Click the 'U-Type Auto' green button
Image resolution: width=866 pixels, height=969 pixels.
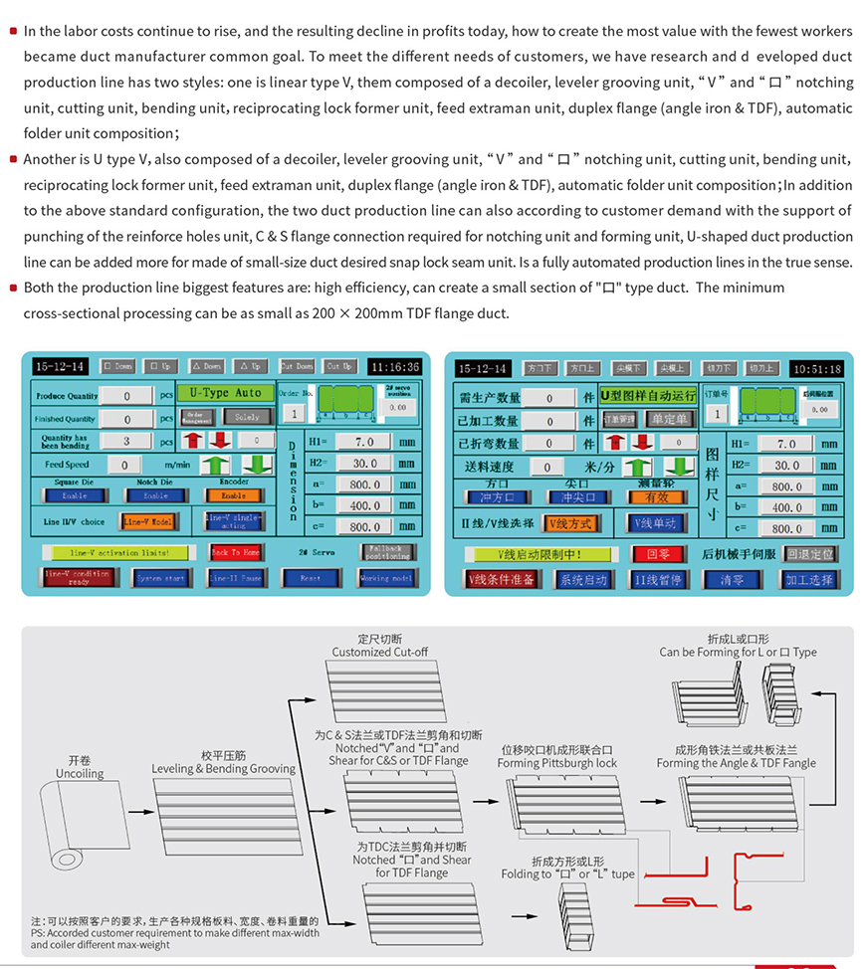225,393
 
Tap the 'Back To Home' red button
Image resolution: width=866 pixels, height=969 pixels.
236,552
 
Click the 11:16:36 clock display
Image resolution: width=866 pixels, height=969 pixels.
395,366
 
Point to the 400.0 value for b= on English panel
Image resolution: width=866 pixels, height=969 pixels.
363,505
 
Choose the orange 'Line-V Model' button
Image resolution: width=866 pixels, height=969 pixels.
148,520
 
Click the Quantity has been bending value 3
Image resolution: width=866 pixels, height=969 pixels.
126,442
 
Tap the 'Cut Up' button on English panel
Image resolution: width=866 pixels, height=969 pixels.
340,366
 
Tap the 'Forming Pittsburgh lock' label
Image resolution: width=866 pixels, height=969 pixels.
557,763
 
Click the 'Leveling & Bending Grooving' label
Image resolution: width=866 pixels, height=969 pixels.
223,768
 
